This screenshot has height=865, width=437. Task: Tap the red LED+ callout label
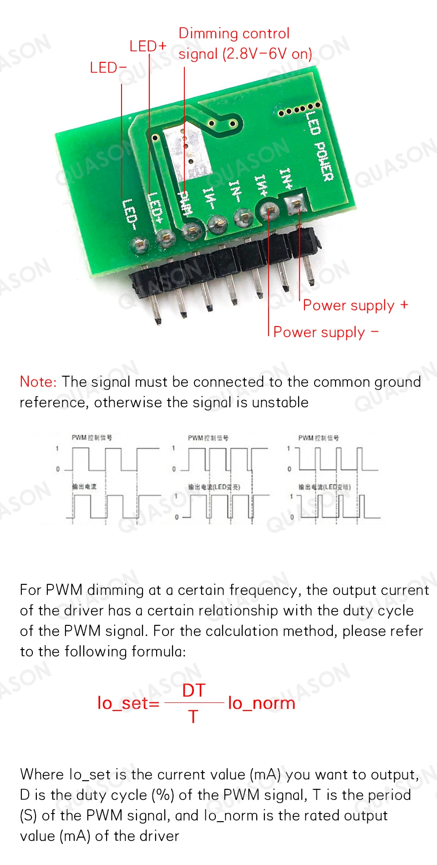(148, 46)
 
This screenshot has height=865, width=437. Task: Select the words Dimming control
(234, 33)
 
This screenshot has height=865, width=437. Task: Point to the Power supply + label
(355, 305)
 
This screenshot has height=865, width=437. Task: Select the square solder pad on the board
(296, 203)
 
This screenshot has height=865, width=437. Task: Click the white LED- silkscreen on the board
(129, 214)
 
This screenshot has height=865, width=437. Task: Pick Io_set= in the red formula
(128, 703)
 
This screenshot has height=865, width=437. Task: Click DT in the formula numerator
(194, 691)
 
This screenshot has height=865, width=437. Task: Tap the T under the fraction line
(193, 717)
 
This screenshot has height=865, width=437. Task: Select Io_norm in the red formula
(262, 703)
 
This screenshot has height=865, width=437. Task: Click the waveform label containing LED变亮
(214, 487)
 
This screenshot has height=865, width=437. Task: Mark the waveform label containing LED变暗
(325, 487)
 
